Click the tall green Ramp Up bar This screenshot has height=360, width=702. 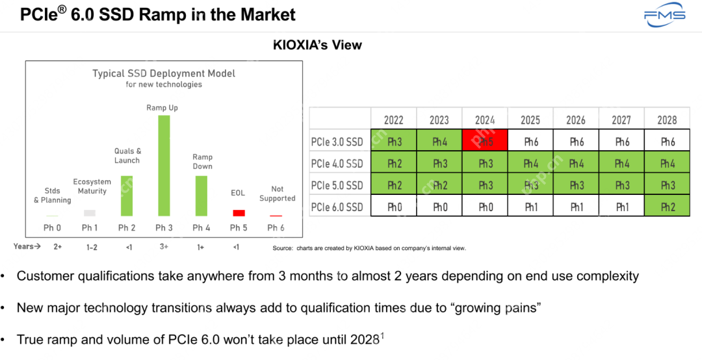164,165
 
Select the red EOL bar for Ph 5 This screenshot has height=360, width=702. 239,212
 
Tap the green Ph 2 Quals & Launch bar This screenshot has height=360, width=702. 127,195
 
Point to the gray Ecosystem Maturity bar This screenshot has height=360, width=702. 90,212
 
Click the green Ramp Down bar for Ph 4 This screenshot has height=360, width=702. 201,196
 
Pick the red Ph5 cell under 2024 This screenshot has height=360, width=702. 485,142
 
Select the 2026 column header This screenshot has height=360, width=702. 576,120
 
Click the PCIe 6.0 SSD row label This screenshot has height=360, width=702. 337,207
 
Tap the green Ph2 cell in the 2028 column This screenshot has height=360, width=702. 668,207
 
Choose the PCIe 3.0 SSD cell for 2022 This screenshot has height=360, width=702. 394,142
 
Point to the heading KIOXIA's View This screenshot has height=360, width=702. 317,45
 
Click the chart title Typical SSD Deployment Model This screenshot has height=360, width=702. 164,73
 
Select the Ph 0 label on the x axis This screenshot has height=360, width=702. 53,227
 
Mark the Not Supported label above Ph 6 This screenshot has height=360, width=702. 277,194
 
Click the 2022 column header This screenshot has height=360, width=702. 394,120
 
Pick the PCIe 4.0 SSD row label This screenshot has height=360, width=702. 337,164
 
